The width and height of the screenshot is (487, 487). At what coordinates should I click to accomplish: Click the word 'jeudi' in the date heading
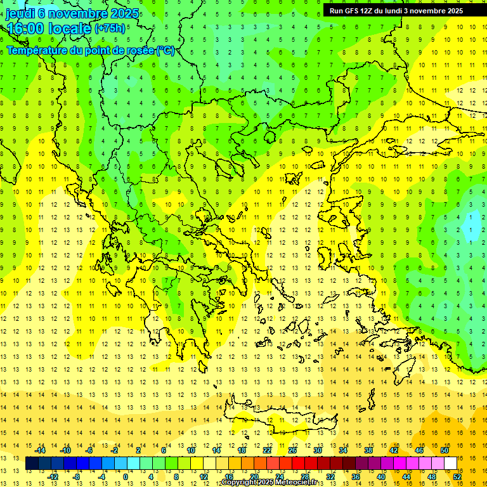pyautogui.click(x=20, y=14)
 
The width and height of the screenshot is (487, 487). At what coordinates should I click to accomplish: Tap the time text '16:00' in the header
pyautogui.click(x=25, y=29)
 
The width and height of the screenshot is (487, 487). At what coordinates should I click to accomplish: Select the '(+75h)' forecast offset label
pyautogui.click(x=110, y=29)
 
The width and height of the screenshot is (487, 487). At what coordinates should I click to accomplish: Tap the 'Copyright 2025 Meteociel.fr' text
pyautogui.click(x=269, y=483)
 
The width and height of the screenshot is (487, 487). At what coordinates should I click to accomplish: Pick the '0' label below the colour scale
pyautogui.click(x=126, y=477)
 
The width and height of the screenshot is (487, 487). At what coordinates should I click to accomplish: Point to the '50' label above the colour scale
pyautogui.click(x=444, y=450)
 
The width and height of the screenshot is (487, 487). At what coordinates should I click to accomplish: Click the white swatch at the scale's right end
pyautogui.click(x=450, y=464)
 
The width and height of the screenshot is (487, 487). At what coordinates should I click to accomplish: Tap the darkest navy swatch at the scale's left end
pyautogui.click(x=32, y=464)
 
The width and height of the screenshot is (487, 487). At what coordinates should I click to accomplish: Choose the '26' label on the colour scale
pyautogui.click(x=292, y=450)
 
